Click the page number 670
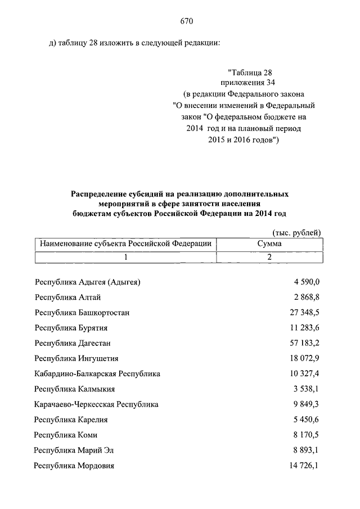[187, 21]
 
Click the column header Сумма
[269, 244]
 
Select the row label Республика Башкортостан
[85, 312]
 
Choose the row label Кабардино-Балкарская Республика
[97, 373]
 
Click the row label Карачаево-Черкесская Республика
[96, 404]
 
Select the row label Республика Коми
[66, 435]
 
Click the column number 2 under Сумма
[269, 257]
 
